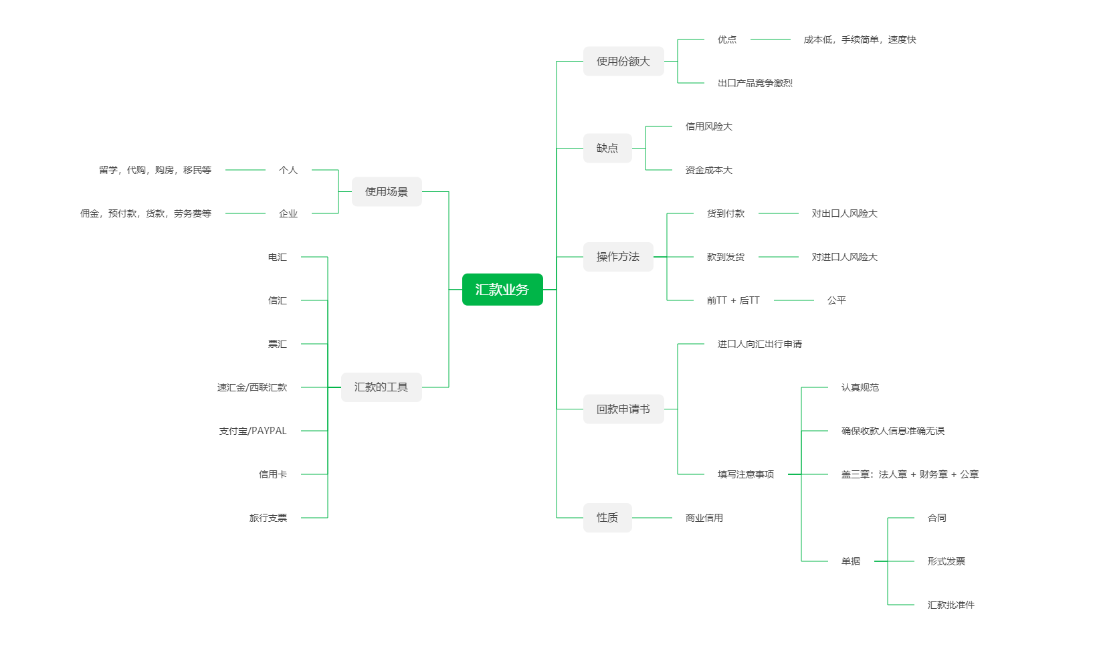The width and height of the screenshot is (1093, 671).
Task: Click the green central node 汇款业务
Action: [x=502, y=290]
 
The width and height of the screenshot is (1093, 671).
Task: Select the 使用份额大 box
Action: [x=623, y=62]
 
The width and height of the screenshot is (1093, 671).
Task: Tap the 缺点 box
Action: [x=607, y=149]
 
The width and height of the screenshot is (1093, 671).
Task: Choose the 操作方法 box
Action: [x=617, y=257]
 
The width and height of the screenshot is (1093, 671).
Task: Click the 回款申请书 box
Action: [x=623, y=409]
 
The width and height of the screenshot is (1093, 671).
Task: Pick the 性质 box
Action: [x=607, y=518]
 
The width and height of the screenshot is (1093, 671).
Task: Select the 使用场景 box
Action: [x=386, y=192]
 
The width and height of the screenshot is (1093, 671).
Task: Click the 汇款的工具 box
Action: [x=381, y=387]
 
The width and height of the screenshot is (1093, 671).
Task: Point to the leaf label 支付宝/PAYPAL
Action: [x=253, y=431]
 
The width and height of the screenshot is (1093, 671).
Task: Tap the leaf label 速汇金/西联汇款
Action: [x=252, y=387]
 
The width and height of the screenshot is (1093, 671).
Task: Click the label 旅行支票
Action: [x=268, y=518]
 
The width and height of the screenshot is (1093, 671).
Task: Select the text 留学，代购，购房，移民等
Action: [x=155, y=170]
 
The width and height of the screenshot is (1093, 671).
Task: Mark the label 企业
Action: [x=288, y=213]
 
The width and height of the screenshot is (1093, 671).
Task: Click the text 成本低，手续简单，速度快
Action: [x=860, y=39]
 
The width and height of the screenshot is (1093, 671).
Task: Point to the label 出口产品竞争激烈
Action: [x=755, y=83]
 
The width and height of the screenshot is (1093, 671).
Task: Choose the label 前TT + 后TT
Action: [x=733, y=300]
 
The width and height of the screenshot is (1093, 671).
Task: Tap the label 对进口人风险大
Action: [x=844, y=257]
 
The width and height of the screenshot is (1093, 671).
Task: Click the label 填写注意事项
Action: [x=745, y=474]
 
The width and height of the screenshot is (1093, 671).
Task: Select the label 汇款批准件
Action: [x=951, y=605]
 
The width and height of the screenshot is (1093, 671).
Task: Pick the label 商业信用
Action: [x=704, y=518]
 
